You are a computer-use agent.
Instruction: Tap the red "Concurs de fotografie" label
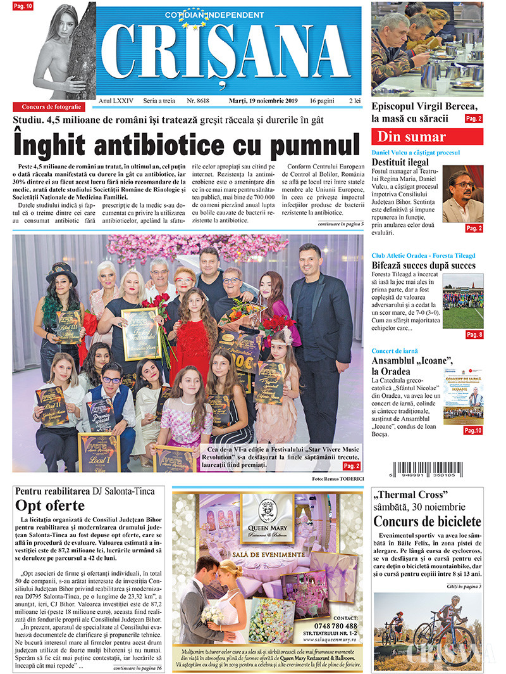click(52, 107)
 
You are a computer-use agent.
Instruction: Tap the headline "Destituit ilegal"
click(400, 163)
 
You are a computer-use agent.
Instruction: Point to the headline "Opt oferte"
click(50, 505)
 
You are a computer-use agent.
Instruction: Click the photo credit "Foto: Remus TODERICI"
click(337, 478)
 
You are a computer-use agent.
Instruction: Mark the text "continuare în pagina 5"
click(340, 224)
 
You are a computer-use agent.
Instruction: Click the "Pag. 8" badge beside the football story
click(474, 335)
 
